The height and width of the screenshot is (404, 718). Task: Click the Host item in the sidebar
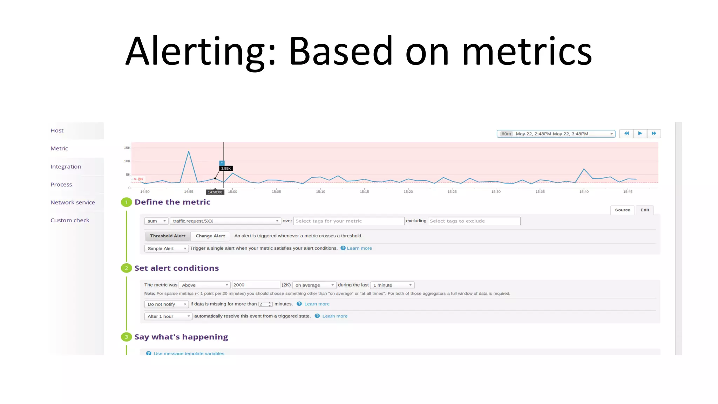[x=57, y=130]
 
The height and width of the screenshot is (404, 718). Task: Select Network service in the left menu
[x=73, y=202]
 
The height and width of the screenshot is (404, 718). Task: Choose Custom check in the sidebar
[x=70, y=220]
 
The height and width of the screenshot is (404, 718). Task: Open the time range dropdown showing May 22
[x=556, y=134]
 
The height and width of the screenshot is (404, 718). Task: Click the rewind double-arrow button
[x=626, y=134]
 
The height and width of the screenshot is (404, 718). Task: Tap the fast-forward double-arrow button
[x=654, y=134]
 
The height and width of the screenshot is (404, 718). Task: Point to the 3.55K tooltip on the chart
[x=226, y=168]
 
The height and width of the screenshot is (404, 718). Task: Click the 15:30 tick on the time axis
[x=496, y=191]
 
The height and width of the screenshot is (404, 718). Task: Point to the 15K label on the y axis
[x=127, y=148]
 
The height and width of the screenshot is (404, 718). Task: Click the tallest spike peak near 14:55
[x=189, y=151]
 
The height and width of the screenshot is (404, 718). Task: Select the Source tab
[x=622, y=210]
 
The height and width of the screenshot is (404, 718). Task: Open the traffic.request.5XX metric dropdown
[x=225, y=221]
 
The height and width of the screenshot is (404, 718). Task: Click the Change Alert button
[x=210, y=236]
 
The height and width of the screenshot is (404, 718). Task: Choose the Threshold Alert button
[x=168, y=236]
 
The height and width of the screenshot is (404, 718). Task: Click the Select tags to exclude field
[x=474, y=221]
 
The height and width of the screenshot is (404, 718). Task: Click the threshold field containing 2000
[x=256, y=285]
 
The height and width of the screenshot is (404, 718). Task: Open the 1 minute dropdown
[x=392, y=285]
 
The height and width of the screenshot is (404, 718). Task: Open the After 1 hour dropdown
[x=168, y=316]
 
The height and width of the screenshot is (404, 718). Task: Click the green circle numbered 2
[x=126, y=268]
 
